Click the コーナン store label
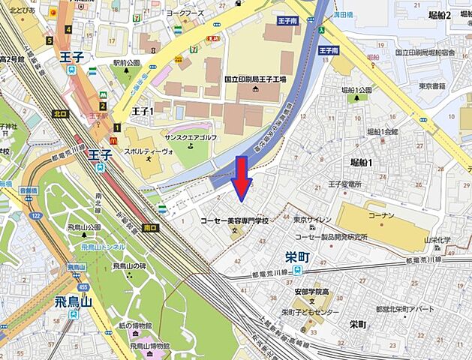[380, 214]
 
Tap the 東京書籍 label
[433, 86]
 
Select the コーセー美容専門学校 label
[234, 221]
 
